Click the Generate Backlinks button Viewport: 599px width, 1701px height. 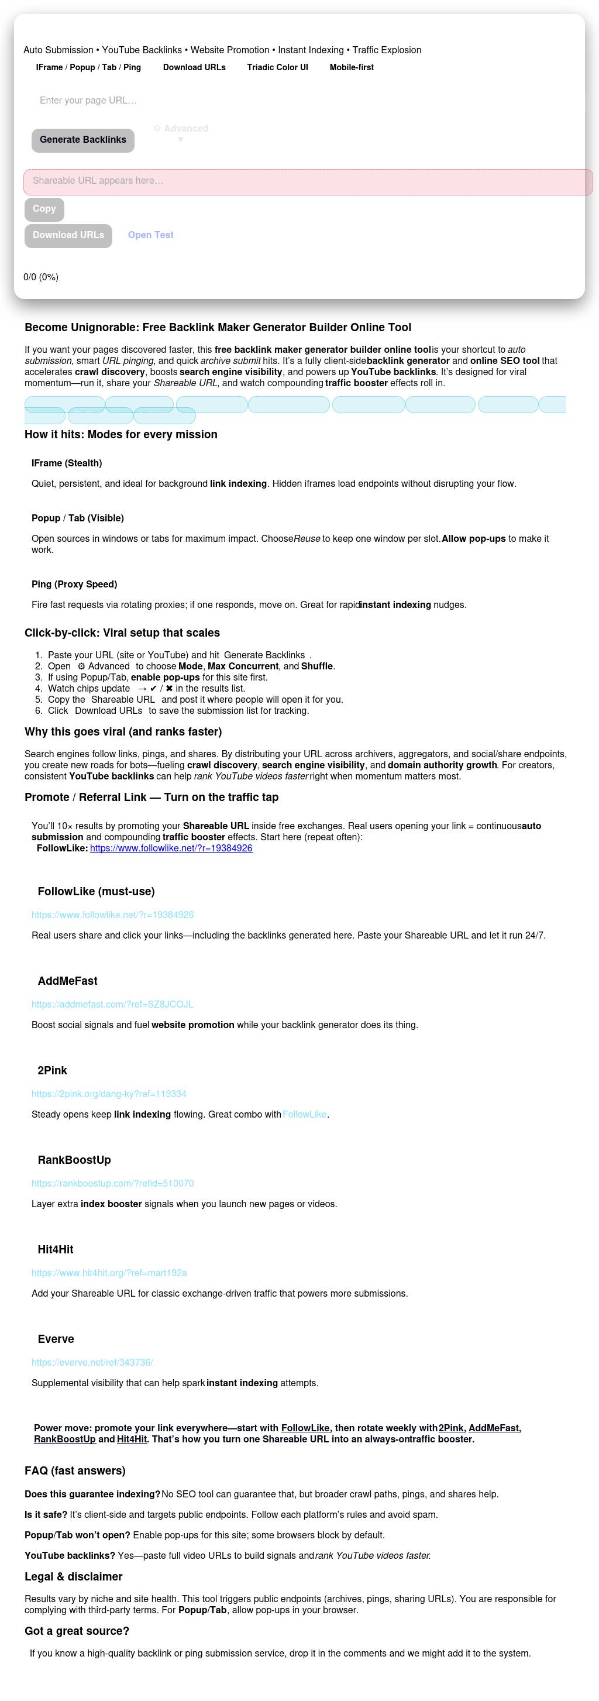82,140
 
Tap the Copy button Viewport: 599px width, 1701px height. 44,209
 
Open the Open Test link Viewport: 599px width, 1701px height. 150,235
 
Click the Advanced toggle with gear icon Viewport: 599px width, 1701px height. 181,129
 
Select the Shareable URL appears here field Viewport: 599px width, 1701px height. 308,181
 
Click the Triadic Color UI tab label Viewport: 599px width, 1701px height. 277,67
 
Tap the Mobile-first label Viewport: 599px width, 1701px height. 352,67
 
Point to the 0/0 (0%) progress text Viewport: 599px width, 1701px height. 41,277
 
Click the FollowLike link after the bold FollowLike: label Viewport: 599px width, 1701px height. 171,848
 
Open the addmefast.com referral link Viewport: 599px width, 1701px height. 112,1004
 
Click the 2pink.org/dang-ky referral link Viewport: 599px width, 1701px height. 109,1094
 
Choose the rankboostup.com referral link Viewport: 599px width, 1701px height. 113,1183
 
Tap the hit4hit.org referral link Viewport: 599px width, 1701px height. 109,1273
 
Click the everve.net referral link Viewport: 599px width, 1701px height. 92,1362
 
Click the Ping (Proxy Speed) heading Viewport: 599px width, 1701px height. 74,585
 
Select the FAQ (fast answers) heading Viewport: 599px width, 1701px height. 75,1470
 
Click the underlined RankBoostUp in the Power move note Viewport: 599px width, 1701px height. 65,1439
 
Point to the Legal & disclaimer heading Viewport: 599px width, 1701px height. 73,1577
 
